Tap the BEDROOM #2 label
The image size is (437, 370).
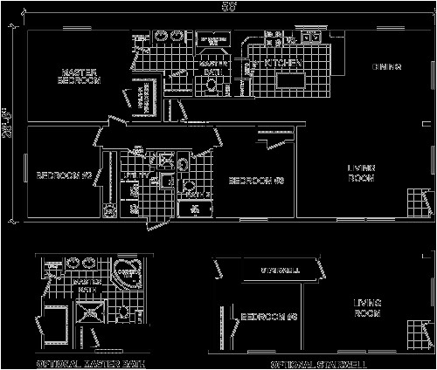(65, 175)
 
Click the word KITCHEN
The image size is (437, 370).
(286, 64)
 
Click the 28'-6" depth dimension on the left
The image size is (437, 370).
(7, 123)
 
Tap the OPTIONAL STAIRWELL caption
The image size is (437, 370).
(318, 362)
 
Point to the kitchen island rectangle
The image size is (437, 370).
(295, 81)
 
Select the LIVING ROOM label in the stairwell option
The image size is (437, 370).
(367, 308)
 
